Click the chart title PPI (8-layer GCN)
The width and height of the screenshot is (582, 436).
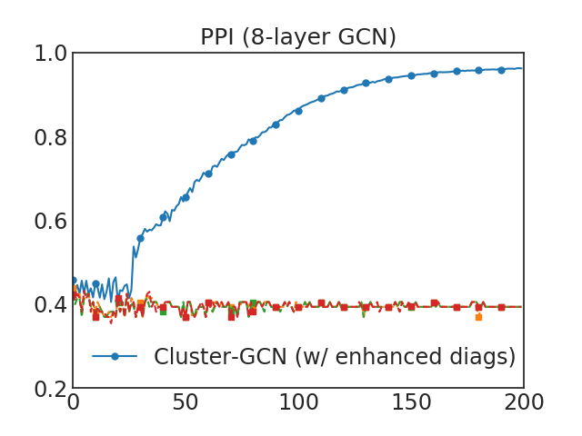tap(298, 37)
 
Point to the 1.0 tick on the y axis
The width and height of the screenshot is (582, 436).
tap(49, 54)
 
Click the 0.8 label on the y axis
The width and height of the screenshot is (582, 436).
tap(49, 137)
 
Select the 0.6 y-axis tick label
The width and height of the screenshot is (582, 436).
tap(49, 221)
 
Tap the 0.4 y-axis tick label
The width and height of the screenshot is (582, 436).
tap(49, 304)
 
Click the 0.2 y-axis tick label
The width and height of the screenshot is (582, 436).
tap(49, 388)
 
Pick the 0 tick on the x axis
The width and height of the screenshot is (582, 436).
tap(74, 403)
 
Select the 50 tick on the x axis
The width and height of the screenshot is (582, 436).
tap(186, 403)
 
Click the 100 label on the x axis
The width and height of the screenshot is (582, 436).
tap(298, 403)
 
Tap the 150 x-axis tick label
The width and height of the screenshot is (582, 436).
tap(411, 403)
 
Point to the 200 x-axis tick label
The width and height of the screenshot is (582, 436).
tap(523, 403)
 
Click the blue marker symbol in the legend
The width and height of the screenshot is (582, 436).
tap(115, 357)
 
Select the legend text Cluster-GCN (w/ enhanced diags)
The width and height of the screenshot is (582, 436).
tap(335, 357)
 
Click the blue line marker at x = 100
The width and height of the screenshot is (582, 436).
tap(298, 111)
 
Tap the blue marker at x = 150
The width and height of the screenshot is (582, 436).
tap(411, 75)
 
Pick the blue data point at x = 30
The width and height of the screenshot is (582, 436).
tap(141, 238)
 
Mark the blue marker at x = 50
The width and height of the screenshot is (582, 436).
tap(186, 197)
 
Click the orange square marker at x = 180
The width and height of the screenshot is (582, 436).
tap(478, 316)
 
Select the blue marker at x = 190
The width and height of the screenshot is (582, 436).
tap(501, 69)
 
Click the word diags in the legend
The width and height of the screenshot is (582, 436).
tap(487, 357)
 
